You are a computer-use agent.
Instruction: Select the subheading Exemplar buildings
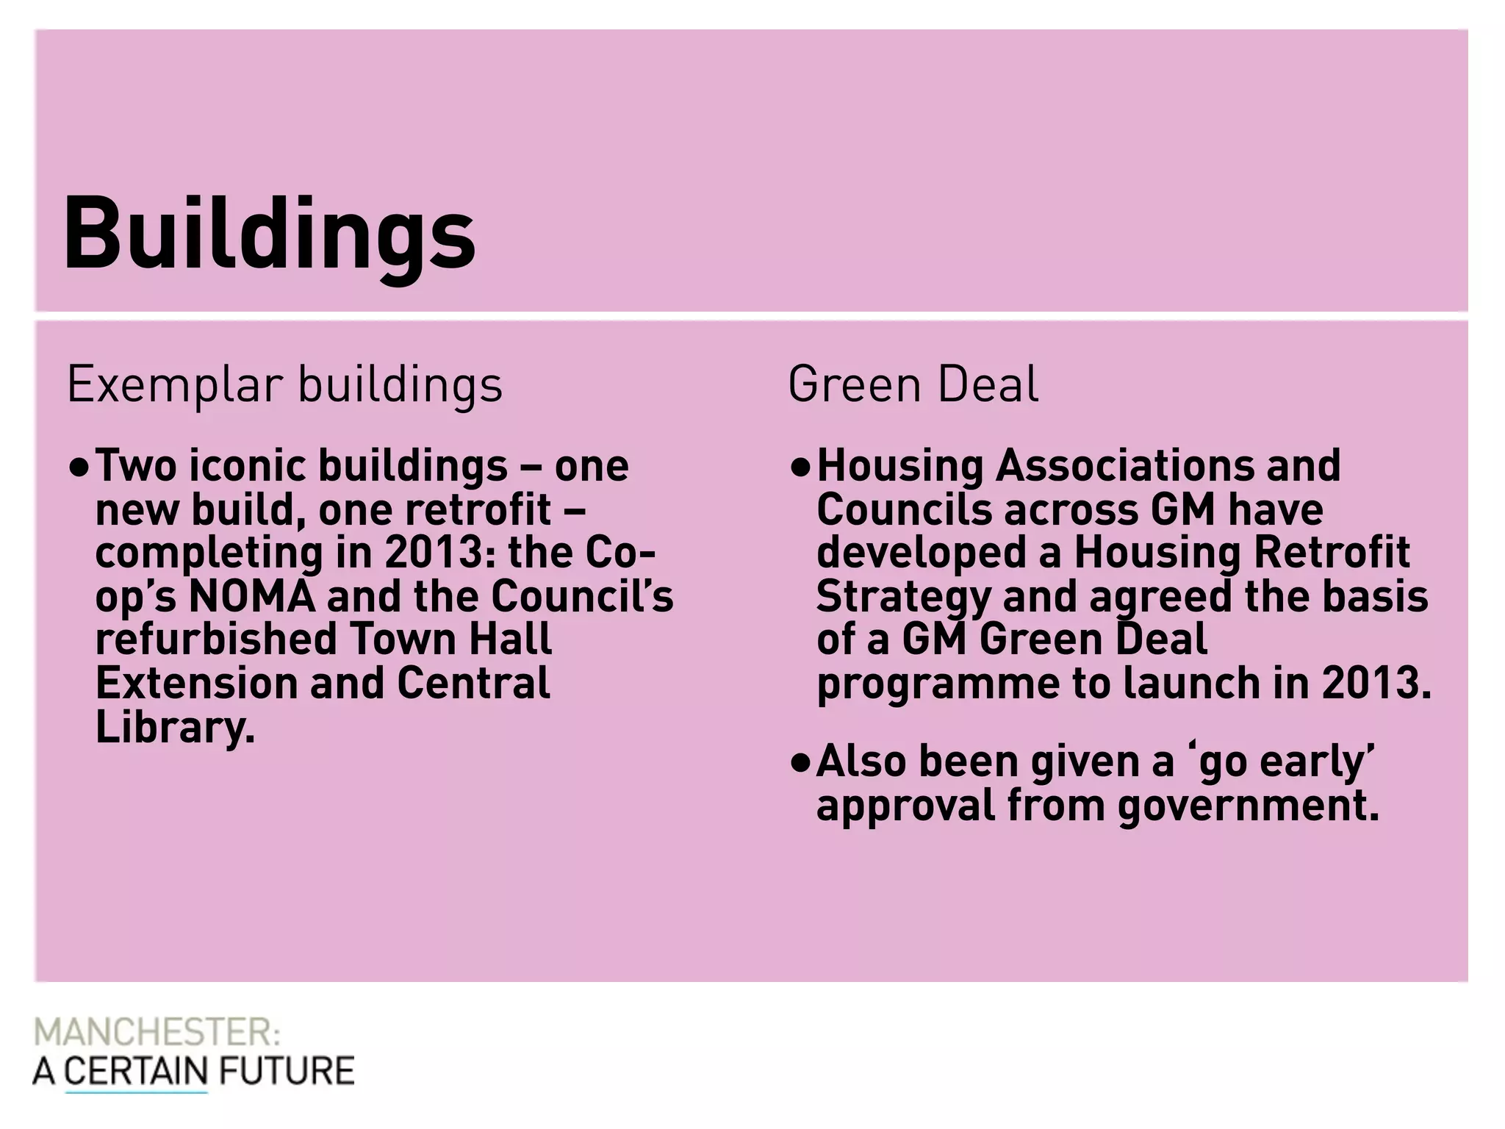[x=284, y=384]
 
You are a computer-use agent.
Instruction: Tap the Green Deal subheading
[x=913, y=384]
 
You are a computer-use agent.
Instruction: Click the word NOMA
[x=252, y=596]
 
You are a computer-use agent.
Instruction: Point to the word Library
[x=175, y=727]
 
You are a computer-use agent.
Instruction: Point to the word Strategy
[x=903, y=598]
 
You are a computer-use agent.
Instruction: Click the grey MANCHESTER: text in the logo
[x=157, y=1033]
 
